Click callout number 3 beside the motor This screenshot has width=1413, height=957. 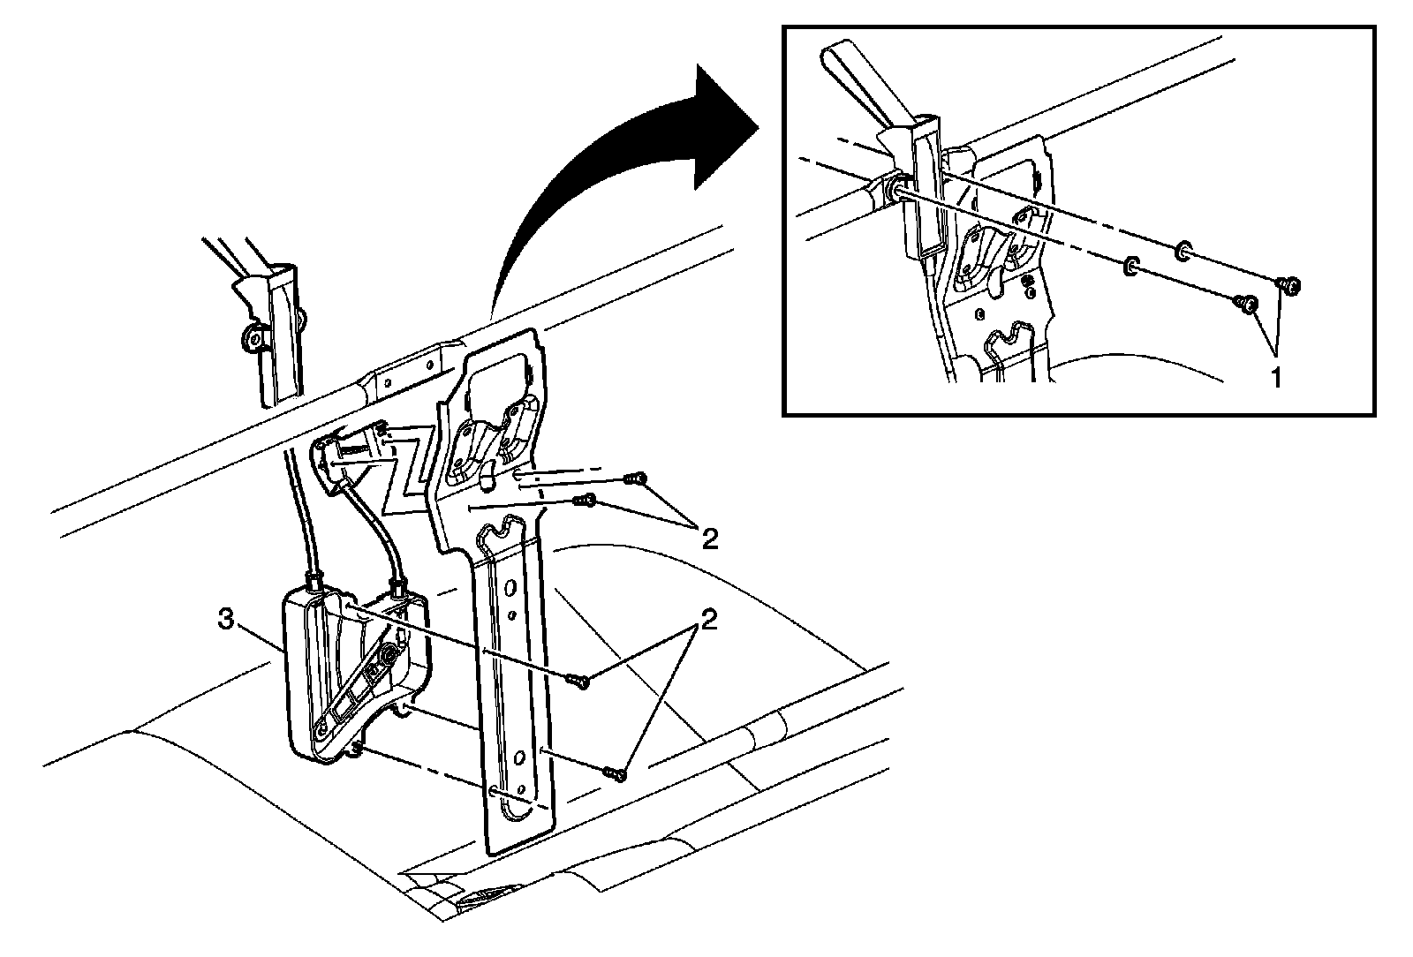point(226,621)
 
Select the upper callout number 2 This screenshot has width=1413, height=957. point(708,539)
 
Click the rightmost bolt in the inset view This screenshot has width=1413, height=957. point(1290,284)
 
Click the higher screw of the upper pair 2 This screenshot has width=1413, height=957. point(635,478)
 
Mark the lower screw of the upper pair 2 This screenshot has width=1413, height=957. point(586,501)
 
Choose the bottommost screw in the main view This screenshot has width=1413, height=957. point(616,774)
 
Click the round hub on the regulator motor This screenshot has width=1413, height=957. point(387,654)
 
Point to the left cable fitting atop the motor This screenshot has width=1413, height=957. point(314,580)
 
